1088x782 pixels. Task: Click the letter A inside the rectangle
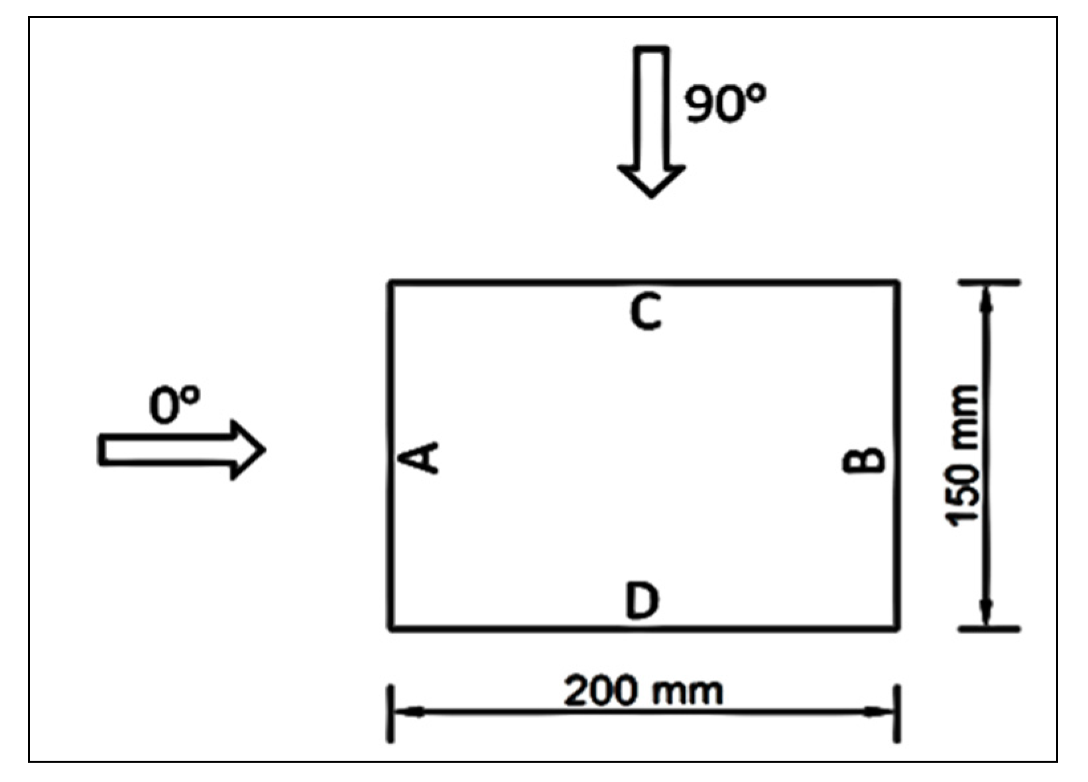[x=422, y=458]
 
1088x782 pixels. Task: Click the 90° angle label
[x=724, y=104]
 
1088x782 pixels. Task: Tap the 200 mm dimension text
[x=643, y=692]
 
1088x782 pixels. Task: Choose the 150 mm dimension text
[x=961, y=456]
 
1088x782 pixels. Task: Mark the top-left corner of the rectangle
[x=391, y=283]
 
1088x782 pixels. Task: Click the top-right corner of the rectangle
[x=897, y=283]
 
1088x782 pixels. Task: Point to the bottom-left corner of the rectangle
[x=391, y=627]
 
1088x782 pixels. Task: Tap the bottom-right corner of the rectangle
[x=897, y=627]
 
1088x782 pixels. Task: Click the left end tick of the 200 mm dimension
[x=391, y=714]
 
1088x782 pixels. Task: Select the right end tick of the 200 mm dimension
[x=897, y=714]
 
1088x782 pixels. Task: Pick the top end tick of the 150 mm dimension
[x=989, y=283]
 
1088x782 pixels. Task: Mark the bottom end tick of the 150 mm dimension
[x=989, y=627]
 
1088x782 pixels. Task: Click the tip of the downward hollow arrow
[x=652, y=196]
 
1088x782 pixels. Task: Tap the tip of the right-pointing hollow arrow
[x=264, y=450]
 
